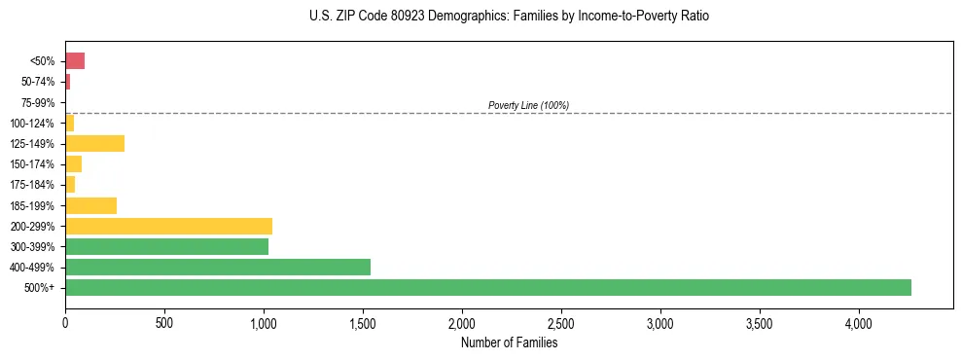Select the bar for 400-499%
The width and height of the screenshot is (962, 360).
[x=218, y=267]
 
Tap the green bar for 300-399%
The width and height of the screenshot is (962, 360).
[x=166, y=246]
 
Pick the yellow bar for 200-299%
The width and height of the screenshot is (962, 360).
[x=168, y=226]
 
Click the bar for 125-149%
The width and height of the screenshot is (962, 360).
[x=94, y=144]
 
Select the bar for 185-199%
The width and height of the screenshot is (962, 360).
[x=90, y=205]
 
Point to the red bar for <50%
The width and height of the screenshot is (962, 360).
[x=75, y=61]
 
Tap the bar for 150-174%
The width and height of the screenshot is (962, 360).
[x=73, y=164]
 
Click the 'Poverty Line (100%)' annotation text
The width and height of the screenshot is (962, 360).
[x=528, y=105]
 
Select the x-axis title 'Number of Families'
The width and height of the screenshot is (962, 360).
[x=509, y=342]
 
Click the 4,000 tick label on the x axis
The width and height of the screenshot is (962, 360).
[x=859, y=322]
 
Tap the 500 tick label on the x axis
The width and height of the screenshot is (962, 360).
[x=164, y=322]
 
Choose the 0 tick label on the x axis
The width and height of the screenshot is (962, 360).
[x=65, y=322]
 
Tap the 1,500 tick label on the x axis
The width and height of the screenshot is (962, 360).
[x=363, y=322]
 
